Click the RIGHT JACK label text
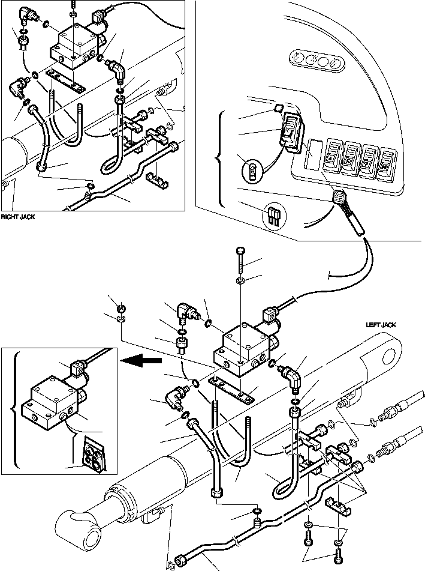(x=17, y=217)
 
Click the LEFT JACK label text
(x=381, y=325)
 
